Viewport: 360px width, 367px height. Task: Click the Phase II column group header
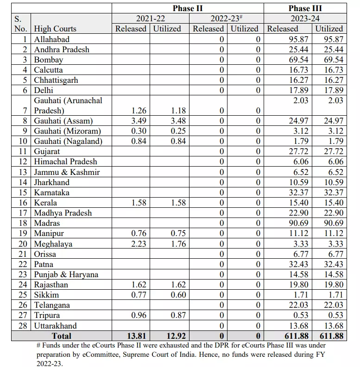pos(188,8)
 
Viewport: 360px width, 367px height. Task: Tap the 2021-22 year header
pos(150,19)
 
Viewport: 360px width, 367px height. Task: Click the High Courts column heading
pos(55,29)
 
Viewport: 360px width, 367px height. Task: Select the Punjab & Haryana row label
pos(66,274)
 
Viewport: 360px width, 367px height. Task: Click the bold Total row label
pos(62,336)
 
